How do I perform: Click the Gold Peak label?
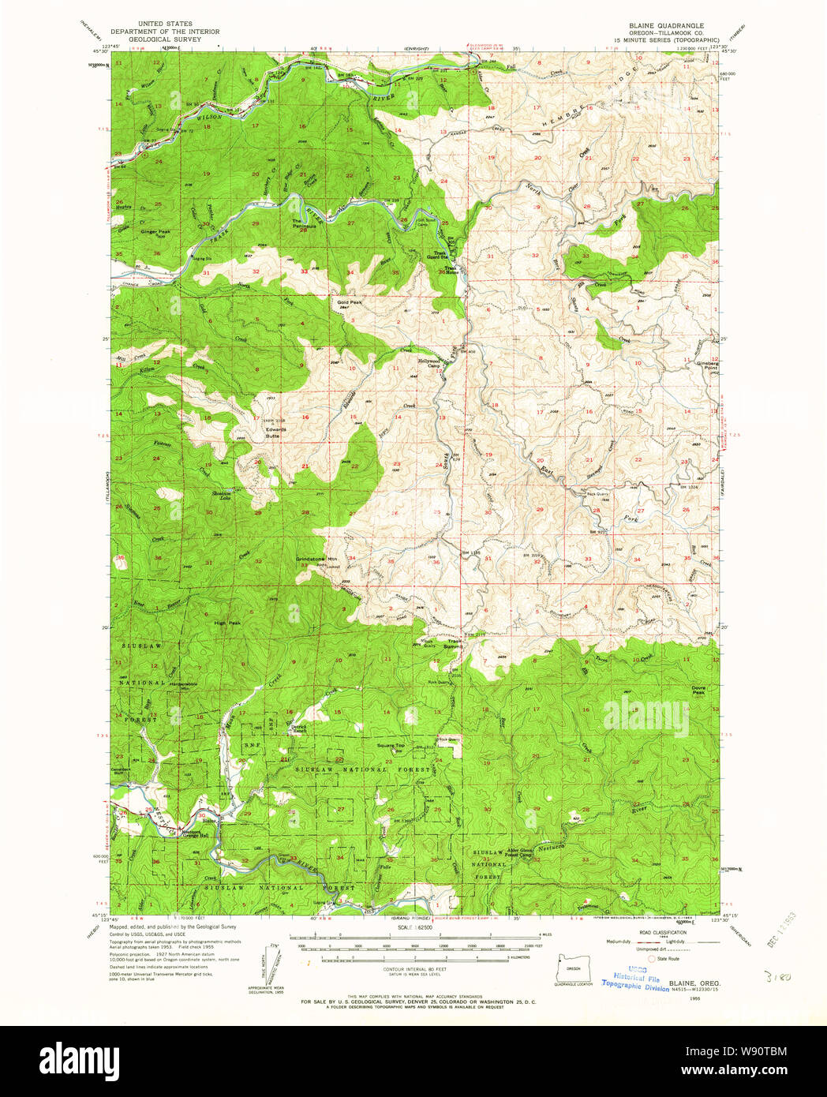[x=349, y=302]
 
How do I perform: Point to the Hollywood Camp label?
[x=428, y=363]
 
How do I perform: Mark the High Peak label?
[x=227, y=623]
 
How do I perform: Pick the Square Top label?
[x=390, y=745]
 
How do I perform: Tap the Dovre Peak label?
[x=698, y=690]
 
